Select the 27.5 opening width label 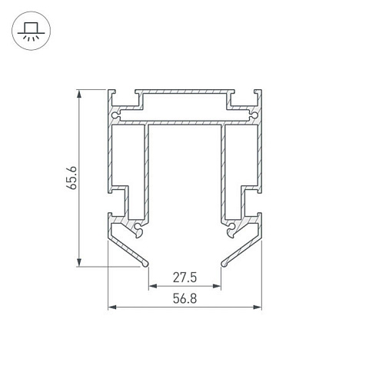(x=184, y=278)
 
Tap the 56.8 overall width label (x=184, y=298)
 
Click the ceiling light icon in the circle (x=32, y=32)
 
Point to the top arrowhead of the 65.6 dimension (x=79, y=94)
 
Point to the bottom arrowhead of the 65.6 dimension (x=79, y=262)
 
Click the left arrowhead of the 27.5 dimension (x=153, y=286)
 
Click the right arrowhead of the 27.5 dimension (x=217, y=286)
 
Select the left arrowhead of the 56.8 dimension (x=112, y=307)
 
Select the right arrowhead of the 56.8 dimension (x=258, y=307)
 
